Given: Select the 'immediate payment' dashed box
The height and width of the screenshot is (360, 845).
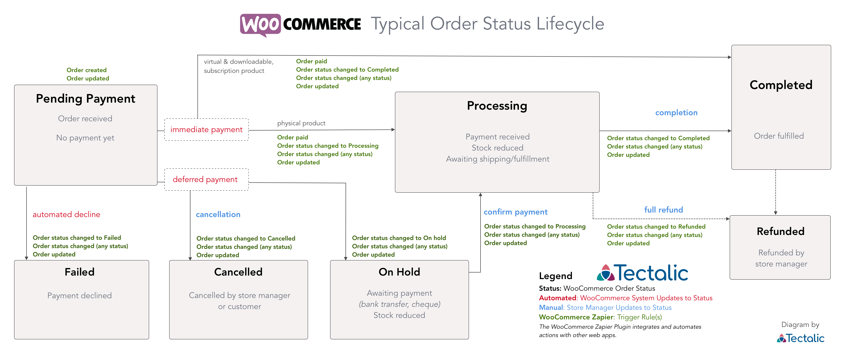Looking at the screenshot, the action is [x=206, y=130].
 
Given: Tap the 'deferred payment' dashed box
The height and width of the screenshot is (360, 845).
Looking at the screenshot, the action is [x=206, y=179].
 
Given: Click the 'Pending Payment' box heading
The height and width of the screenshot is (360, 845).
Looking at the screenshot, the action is [x=86, y=99].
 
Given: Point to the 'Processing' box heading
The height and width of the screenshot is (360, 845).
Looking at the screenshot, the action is [x=497, y=106].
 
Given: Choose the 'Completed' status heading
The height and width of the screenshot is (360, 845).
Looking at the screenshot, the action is [x=781, y=85].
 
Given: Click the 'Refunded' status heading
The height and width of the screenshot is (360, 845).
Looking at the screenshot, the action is [x=781, y=231].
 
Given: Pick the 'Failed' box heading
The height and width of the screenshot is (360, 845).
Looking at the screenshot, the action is [x=79, y=272].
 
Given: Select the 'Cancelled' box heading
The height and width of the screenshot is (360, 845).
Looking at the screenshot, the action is [x=238, y=272].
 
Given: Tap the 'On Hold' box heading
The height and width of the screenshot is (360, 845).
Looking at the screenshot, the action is [x=399, y=272].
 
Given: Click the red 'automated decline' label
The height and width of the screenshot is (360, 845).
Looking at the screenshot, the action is [x=66, y=215].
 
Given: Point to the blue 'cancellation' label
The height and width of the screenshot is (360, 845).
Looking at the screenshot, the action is [x=218, y=215].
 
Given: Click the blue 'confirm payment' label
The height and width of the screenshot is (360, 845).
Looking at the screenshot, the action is [x=516, y=212].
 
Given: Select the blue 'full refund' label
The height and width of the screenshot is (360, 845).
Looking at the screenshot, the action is [x=664, y=210].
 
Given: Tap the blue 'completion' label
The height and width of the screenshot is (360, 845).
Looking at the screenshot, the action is [x=677, y=113].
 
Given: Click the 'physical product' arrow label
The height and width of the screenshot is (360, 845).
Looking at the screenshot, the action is [x=301, y=123].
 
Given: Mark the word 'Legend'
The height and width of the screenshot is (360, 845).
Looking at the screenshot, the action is [x=556, y=276].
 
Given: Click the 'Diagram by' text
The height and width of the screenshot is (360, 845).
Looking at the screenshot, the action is [x=800, y=325].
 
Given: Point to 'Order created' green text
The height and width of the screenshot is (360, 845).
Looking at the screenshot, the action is [x=87, y=70].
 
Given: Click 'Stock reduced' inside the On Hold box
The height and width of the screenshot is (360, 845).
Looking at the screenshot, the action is [x=399, y=315].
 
